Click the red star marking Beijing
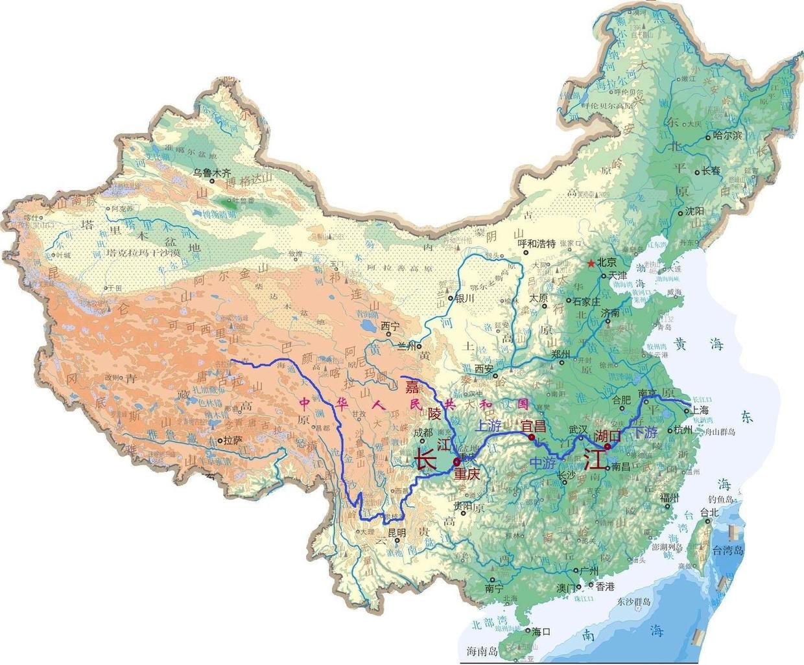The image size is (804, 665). point(590,264)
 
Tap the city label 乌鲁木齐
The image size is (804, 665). point(212,173)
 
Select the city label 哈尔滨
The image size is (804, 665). point(726,135)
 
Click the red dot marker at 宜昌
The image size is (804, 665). point(532,438)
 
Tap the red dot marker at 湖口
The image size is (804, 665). point(608,447)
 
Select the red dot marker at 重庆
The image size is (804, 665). point(456,461)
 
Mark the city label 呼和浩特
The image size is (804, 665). point(538,244)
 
